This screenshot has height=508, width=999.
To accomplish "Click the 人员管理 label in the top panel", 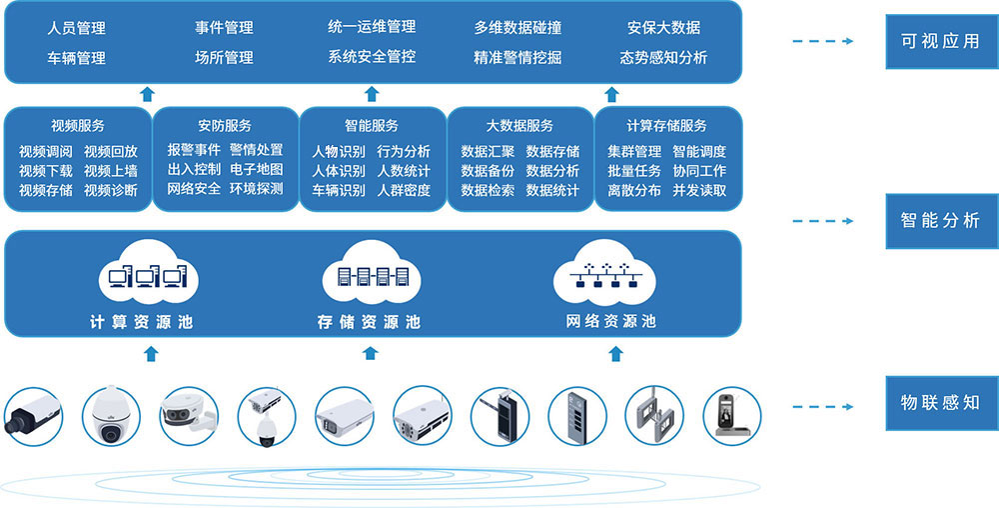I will point(76,28).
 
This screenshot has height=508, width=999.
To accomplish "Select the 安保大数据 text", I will point(663,28).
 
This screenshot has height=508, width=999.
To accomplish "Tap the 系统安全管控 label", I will point(372,56).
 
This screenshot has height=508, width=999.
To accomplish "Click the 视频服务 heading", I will point(77,126).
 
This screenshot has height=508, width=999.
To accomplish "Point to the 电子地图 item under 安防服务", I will point(256,170).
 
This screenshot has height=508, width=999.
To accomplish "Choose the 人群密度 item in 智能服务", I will point(404,190).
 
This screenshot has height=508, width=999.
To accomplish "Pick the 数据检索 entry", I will point(488,190).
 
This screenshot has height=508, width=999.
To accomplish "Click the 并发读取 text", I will point(699,190).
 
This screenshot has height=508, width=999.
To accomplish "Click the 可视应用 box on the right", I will point(941,42).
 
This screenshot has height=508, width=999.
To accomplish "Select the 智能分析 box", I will point(941,221).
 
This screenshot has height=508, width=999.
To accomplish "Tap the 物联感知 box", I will point(941,404).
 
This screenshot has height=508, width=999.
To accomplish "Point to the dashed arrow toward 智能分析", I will point(821,221).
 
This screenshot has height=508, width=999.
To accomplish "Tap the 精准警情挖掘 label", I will point(517,57).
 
